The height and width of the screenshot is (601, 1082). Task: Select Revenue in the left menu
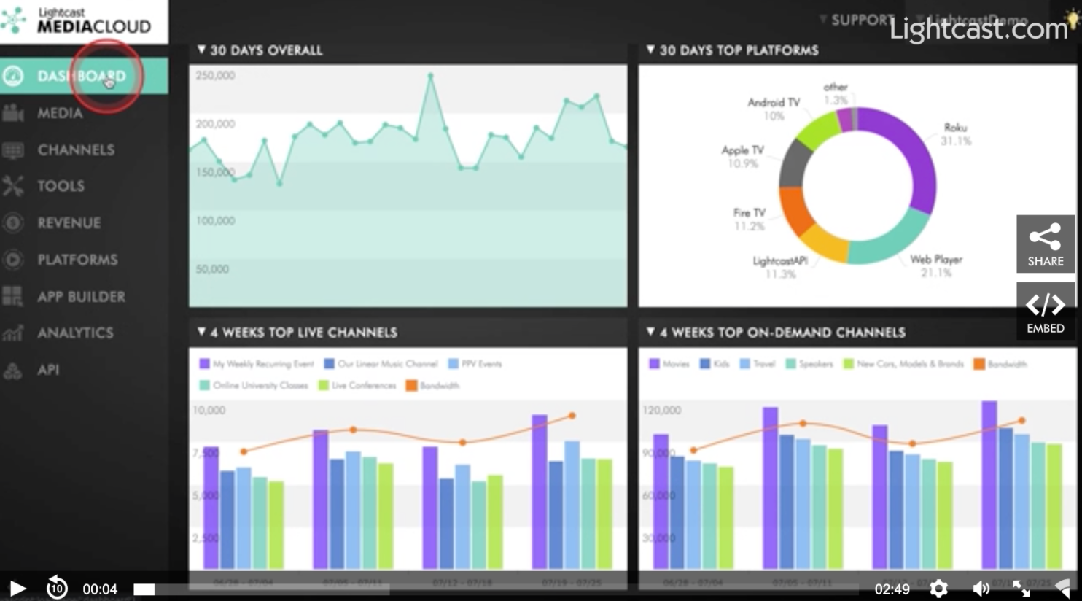[69, 222]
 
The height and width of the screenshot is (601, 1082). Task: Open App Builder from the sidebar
[80, 296]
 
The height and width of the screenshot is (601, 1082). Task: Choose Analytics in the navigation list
[74, 333]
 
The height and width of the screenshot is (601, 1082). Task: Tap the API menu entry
[48, 370]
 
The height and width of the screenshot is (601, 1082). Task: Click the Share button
[1045, 244]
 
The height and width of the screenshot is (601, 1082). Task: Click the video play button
[17, 588]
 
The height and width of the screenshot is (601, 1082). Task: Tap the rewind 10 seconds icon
[57, 588]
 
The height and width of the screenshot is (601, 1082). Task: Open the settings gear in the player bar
[939, 588]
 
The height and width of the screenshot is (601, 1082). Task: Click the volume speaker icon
[981, 588]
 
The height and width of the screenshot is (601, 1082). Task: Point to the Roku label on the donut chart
[955, 128]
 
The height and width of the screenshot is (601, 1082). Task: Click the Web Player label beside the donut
[936, 259]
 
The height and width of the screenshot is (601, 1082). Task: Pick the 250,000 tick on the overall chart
[215, 75]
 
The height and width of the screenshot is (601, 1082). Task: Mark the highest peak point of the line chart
[431, 75]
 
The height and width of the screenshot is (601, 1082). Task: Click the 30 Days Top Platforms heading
[738, 50]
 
